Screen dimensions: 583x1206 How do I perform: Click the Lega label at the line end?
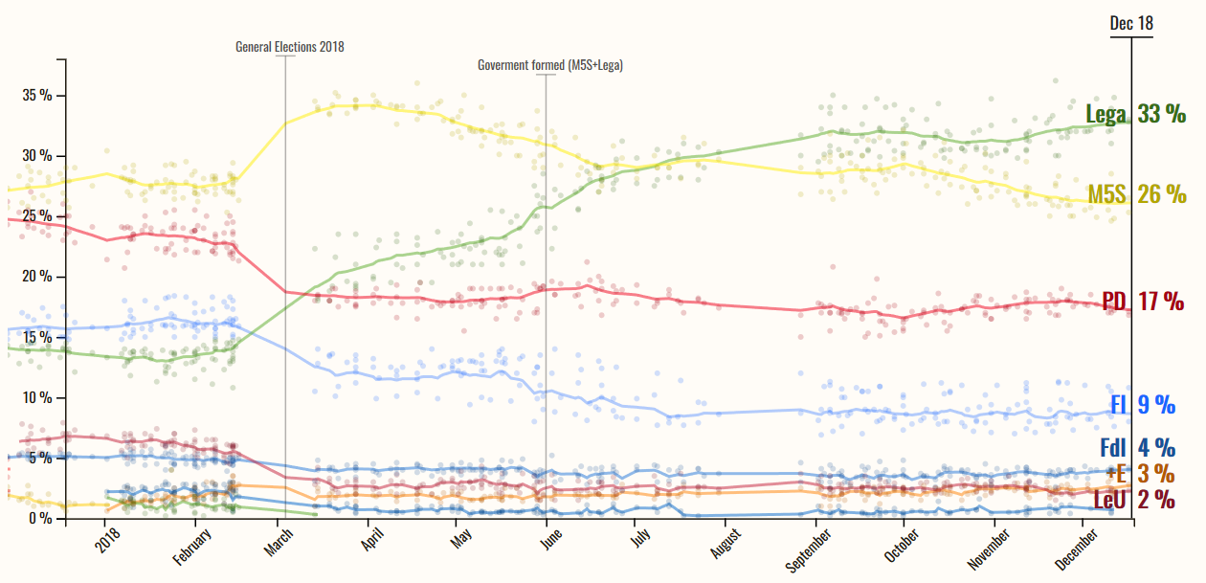pos(1105,114)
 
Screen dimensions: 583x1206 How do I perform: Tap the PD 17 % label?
pos(1143,302)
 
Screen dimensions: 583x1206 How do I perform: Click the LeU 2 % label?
pos(1133,499)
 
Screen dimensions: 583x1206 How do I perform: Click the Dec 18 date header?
pos(1131,23)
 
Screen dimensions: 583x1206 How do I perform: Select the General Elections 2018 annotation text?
pos(289,46)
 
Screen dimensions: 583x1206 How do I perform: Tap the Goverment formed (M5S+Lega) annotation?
pos(550,65)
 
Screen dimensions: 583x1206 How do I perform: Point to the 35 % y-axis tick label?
pos(37,96)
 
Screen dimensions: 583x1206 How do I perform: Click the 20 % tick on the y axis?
pos(37,277)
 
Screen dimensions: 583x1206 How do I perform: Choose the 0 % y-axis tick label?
pos(40,519)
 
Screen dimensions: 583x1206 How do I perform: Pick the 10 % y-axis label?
pos(37,398)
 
